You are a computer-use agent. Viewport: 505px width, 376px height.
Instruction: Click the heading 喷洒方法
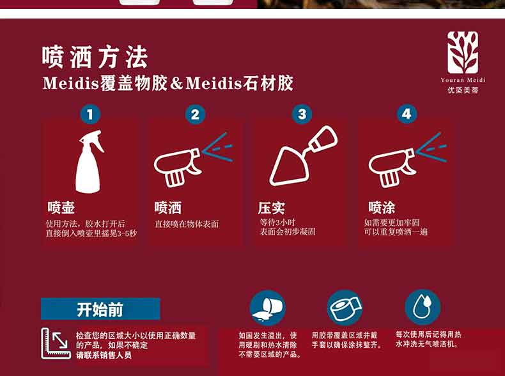pos(95,58)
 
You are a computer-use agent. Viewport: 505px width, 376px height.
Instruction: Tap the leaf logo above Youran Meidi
pos(462,52)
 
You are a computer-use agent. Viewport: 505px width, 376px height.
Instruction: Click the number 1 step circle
pos(90,114)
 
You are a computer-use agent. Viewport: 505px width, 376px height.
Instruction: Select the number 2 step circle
pos(195,114)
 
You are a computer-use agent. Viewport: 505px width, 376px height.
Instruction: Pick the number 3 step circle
pos(302,114)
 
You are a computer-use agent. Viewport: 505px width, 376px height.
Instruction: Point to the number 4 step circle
pos(407,114)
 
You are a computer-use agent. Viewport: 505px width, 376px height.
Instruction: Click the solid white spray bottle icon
pos(89,161)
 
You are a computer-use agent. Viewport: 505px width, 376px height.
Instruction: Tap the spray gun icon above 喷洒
pos(193,159)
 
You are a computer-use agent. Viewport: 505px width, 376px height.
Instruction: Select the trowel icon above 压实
pos(303,156)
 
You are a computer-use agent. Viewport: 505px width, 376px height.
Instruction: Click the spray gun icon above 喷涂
pos(408,160)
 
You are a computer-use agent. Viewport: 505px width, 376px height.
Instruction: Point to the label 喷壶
pos(61,208)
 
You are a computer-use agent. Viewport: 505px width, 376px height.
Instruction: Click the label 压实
pos(271,208)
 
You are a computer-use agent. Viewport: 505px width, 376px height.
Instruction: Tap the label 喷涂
pos(382,207)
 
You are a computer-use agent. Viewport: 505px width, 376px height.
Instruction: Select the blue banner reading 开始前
pos(100,309)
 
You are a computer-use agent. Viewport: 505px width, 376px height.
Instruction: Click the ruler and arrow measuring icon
pos(56,343)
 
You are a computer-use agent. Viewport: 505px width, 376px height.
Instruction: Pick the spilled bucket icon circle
pos(267,308)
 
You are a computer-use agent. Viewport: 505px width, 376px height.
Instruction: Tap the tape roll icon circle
pos(345,308)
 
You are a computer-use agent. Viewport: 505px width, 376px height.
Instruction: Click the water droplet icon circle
pos(423,307)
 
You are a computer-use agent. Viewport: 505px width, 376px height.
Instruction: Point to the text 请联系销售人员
pos(104,355)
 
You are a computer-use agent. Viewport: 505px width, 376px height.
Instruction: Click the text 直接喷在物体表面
pos(187,224)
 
